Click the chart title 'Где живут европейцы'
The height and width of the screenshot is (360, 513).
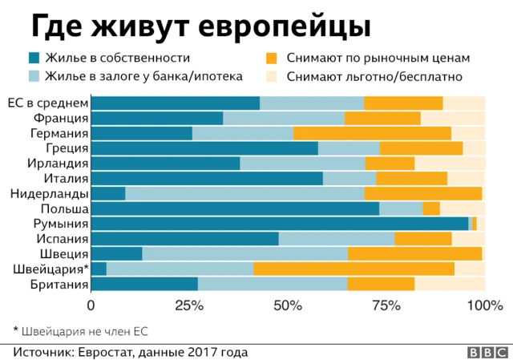(200, 26)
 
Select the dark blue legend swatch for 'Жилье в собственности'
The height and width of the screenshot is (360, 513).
(34, 58)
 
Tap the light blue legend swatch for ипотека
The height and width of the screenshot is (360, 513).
(34, 77)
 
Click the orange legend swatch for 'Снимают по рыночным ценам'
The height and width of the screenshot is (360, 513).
(272, 58)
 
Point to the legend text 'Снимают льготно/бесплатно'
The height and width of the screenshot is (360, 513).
(377, 77)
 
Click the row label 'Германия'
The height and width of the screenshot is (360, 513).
(59, 133)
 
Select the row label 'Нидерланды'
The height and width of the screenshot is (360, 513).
(50, 193)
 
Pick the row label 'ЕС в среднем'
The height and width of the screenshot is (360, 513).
(47, 103)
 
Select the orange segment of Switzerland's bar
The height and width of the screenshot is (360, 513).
(353, 269)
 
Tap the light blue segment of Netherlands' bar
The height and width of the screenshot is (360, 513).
(244, 193)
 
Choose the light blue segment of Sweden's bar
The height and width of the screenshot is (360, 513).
(244, 253)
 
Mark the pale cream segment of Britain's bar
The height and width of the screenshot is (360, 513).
(450, 284)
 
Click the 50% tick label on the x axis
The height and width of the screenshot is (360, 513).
(287, 305)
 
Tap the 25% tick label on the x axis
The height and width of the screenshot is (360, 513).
(188, 305)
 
